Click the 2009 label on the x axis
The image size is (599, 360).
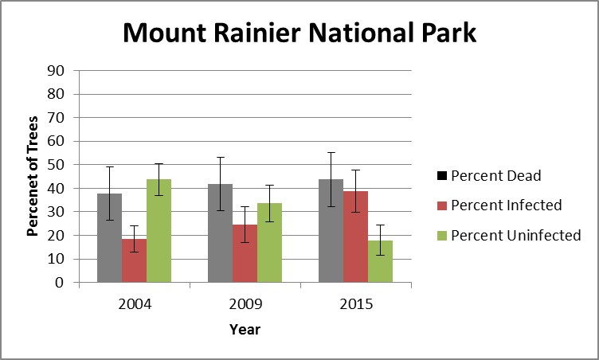pos(245,304)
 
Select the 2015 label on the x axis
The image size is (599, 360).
pos(355,304)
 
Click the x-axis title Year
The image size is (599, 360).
pos(245,329)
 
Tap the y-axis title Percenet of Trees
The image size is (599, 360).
pos(33,177)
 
